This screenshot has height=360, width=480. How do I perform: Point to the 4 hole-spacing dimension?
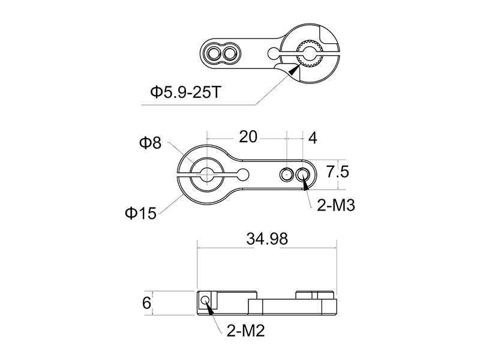coord(312,137)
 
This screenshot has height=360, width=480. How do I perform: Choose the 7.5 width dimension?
coord(338,173)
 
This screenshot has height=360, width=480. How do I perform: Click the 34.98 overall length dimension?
coord(267,238)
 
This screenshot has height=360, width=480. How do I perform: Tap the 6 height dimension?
coord(146,303)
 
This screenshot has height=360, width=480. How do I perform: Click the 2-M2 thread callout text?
coord(246,330)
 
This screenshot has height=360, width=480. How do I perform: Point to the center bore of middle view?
coord(206,174)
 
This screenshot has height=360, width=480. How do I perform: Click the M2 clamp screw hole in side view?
coord(206,299)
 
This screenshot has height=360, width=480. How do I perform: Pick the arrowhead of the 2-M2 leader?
coord(209,308)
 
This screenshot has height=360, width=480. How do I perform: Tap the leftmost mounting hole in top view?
coord(212,55)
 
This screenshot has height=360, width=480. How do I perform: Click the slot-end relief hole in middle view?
coord(244,174)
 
